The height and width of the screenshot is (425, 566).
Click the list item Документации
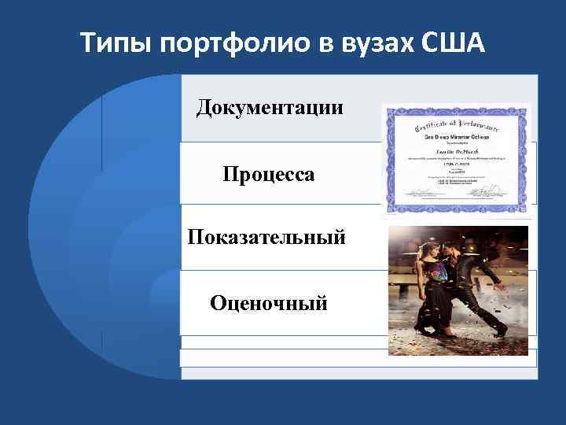(270, 106)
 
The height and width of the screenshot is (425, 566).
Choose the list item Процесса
(269, 174)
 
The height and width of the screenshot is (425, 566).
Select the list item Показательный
(266, 237)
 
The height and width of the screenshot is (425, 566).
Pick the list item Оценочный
(268, 302)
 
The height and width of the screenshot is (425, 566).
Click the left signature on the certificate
(417, 191)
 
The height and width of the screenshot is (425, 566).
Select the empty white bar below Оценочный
(358, 358)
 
